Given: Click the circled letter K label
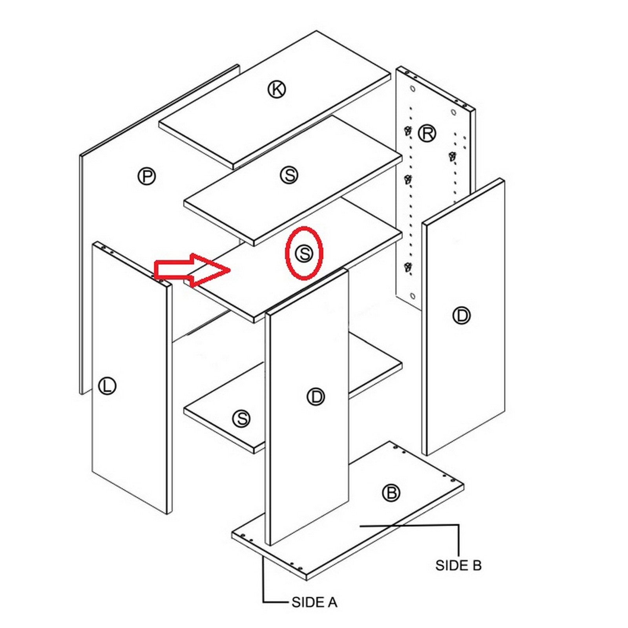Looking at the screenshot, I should (277, 89).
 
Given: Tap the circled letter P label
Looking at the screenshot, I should (146, 176).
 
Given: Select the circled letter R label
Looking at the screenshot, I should (427, 133).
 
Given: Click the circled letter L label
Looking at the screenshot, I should (107, 386).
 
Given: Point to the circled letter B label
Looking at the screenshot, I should (391, 493).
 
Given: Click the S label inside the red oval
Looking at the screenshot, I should (304, 254).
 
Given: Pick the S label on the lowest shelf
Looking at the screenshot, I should (241, 418).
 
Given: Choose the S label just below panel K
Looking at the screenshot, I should (289, 175).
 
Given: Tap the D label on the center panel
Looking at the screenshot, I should (316, 397).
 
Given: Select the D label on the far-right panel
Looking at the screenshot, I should (461, 316).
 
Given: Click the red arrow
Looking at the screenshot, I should (191, 270).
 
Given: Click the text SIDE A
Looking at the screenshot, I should (314, 602).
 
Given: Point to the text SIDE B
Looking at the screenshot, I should (458, 565).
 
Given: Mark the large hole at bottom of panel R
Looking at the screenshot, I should (412, 296).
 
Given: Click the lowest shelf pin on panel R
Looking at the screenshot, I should (408, 268).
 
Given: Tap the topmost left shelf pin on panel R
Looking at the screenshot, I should (408, 131).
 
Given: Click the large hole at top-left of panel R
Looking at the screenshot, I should (412, 89).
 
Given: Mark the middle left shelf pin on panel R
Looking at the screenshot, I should (408, 180).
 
